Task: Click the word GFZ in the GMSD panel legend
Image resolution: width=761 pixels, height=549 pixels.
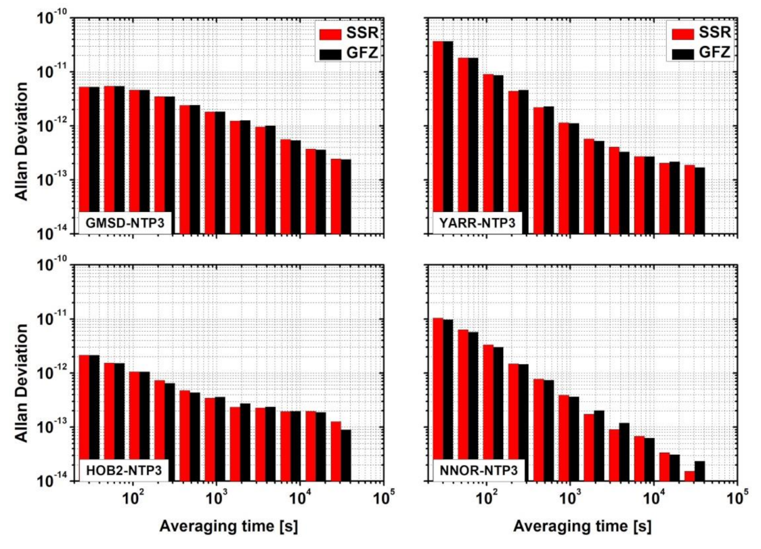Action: [x=364, y=53]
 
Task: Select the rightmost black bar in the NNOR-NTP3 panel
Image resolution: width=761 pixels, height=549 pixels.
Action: [x=699, y=471]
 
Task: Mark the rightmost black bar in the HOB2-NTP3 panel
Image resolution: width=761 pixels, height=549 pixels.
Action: [x=346, y=455]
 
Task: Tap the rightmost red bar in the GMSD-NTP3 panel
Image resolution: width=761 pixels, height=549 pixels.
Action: [x=336, y=196]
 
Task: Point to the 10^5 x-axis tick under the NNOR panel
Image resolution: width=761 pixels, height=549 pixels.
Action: [x=736, y=502]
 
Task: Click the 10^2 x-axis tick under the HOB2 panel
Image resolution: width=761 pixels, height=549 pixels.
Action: [x=133, y=502]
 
